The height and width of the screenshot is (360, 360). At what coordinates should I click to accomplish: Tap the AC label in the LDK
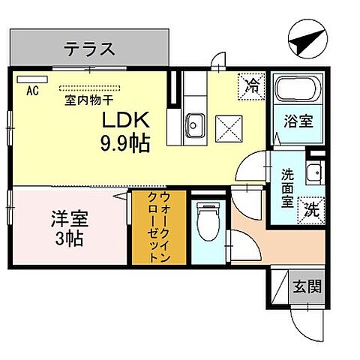point(32,91)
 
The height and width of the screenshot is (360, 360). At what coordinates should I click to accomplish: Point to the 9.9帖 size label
point(124,142)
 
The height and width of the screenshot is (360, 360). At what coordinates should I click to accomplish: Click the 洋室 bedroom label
point(69,220)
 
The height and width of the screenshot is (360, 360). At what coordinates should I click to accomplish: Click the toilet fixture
point(202,220)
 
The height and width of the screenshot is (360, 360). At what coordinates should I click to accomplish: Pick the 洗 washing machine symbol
point(310,210)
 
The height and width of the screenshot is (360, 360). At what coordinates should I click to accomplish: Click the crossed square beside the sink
point(227,129)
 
